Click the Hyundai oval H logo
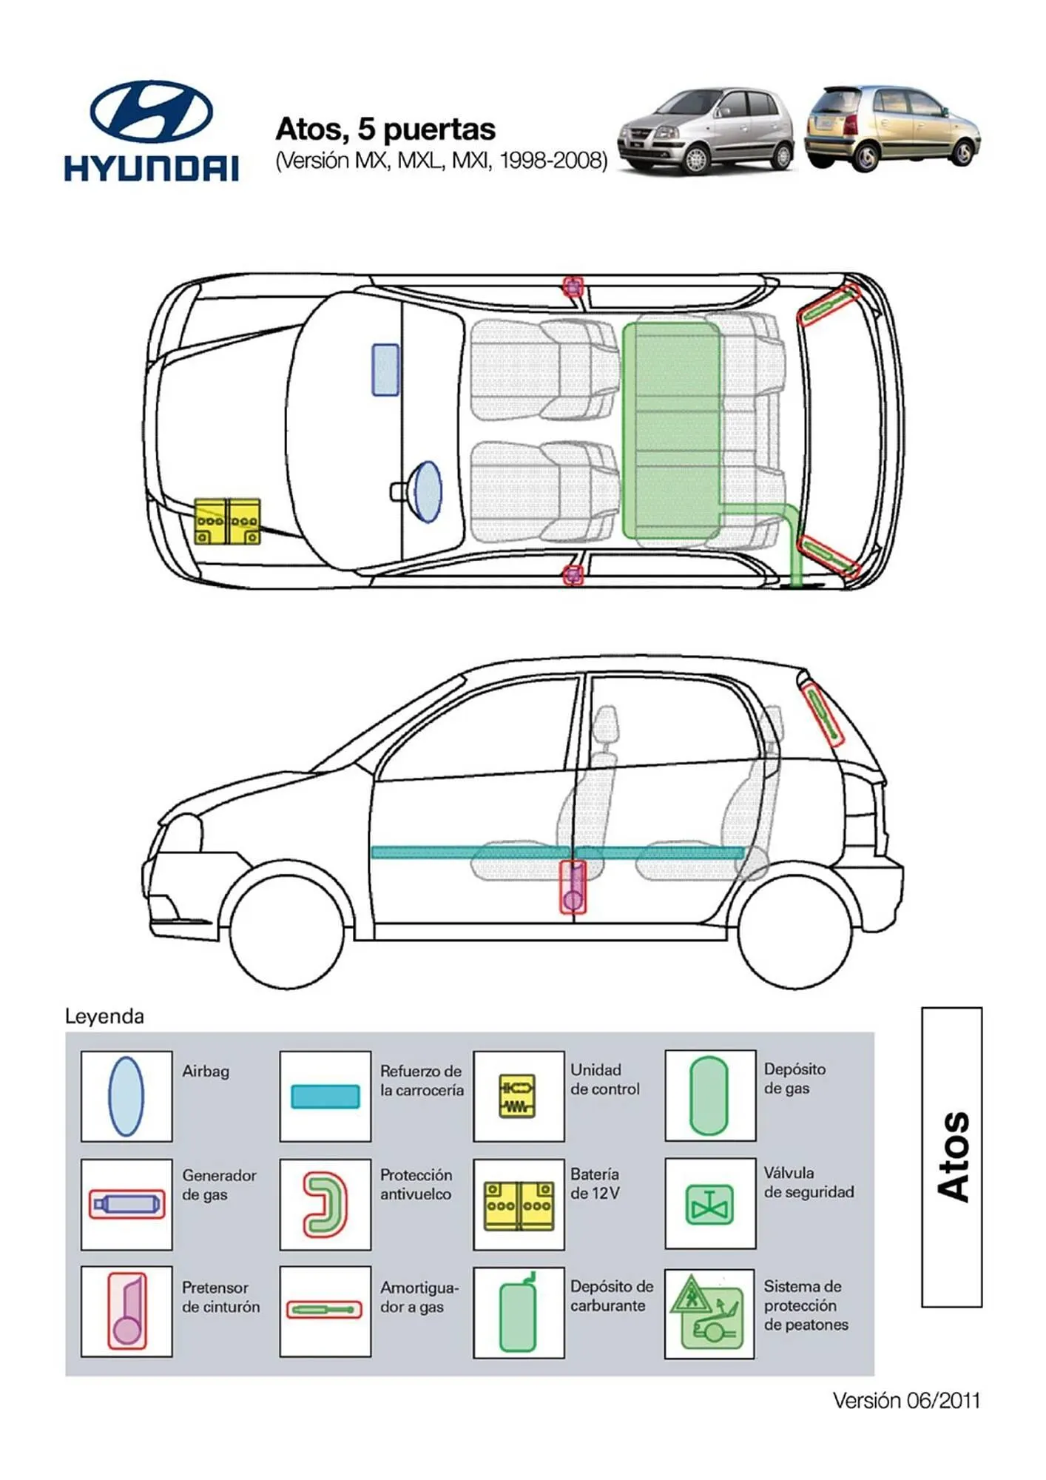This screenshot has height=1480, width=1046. click(152, 112)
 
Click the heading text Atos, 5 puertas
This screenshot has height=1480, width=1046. click(385, 129)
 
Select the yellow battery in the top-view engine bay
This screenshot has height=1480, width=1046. click(227, 522)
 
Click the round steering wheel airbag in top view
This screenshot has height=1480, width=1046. click(427, 491)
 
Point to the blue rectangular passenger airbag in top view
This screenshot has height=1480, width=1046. click(385, 370)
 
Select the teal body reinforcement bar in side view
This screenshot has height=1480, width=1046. click(556, 852)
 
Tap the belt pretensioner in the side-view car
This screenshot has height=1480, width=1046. click(573, 887)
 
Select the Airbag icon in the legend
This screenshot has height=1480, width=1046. click(126, 1096)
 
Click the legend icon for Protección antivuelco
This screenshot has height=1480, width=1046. click(325, 1204)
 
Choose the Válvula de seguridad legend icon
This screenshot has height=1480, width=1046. click(709, 1204)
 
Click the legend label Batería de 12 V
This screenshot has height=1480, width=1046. click(595, 1183)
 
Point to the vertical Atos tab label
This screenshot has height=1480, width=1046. click(952, 1157)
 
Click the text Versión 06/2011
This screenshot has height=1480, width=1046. click(905, 1400)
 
